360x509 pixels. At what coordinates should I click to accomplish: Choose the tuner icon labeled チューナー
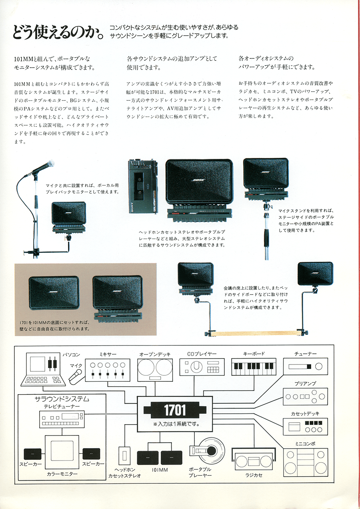coord(305,366)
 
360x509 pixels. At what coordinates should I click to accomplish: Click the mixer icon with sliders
coord(107,369)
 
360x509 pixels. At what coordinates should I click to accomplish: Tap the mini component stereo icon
coord(305,461)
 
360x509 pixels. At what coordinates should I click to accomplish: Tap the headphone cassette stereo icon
coord(124,455)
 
